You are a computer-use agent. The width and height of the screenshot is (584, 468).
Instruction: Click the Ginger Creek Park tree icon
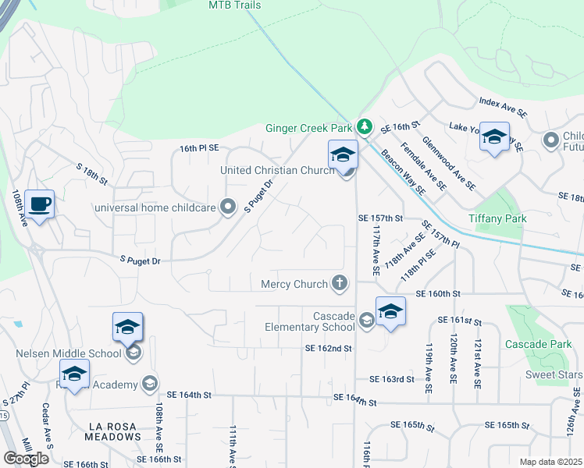[364, 126]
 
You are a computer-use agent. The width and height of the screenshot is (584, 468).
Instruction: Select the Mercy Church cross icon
[339, 284]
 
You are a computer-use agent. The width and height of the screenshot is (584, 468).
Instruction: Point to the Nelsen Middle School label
[69, 353]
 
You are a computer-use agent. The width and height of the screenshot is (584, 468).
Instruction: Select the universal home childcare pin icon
[228, 207]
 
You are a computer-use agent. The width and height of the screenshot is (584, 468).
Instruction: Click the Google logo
[26, 459]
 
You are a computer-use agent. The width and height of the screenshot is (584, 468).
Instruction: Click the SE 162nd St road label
[328, 348]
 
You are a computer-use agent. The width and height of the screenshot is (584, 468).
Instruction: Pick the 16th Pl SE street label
[199, 147]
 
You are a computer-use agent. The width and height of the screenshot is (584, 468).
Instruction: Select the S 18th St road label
[91, 173]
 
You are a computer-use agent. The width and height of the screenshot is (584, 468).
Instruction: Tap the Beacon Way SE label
[403, 172]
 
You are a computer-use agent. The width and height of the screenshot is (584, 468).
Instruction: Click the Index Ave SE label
[503, 109]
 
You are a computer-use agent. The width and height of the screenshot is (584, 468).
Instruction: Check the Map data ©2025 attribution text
[550, 462]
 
